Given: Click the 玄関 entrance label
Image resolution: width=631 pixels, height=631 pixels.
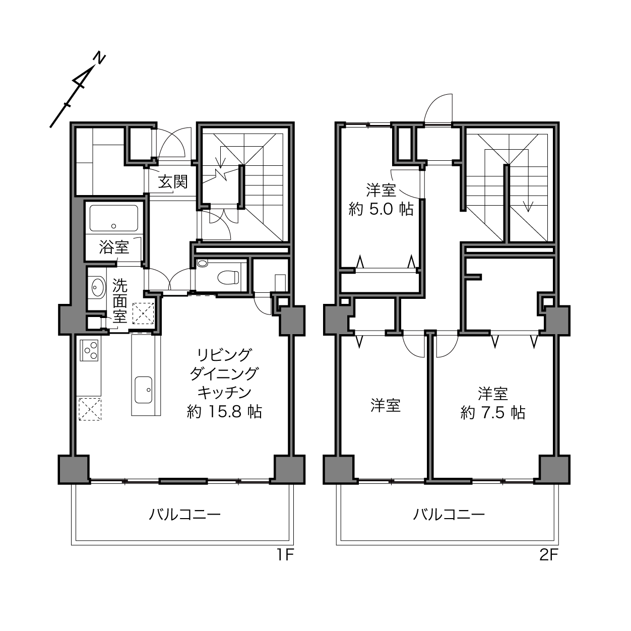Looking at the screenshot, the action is tap(172, 182).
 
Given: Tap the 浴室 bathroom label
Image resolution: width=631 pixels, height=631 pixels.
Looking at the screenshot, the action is tap(114, 247).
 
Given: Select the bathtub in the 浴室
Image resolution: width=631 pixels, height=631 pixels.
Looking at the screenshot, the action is tap(113, 218).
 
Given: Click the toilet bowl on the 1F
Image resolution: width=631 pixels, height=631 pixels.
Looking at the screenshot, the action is tap(228, 277).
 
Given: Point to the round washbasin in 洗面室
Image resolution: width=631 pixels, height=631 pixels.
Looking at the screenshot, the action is tap(98, 287).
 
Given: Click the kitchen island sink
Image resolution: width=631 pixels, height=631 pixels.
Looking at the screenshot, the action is tap(144, 390).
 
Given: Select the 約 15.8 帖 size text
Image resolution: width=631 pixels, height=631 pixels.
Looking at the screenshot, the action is tap(224, 412).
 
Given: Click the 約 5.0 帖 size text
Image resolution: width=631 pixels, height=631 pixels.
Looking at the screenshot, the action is tap(381, 209).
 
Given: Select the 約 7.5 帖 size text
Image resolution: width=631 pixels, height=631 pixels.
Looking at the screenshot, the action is tap(493, 413).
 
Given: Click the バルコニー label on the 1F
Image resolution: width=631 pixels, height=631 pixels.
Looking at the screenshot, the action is tap(184, 515).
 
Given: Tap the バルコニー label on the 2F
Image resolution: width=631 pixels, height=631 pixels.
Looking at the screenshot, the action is tap(449, 515).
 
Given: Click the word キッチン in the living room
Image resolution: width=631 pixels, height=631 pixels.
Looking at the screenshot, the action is tap(225, 393).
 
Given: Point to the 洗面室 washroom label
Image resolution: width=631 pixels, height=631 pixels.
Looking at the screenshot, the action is tap(120, 301).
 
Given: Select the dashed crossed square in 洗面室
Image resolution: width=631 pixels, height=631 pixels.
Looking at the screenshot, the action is tap(143, 313).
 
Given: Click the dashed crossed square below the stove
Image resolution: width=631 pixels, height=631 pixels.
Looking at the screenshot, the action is tap(89, 409).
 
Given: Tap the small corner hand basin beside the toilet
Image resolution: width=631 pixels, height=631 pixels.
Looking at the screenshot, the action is tap(203, 263).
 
